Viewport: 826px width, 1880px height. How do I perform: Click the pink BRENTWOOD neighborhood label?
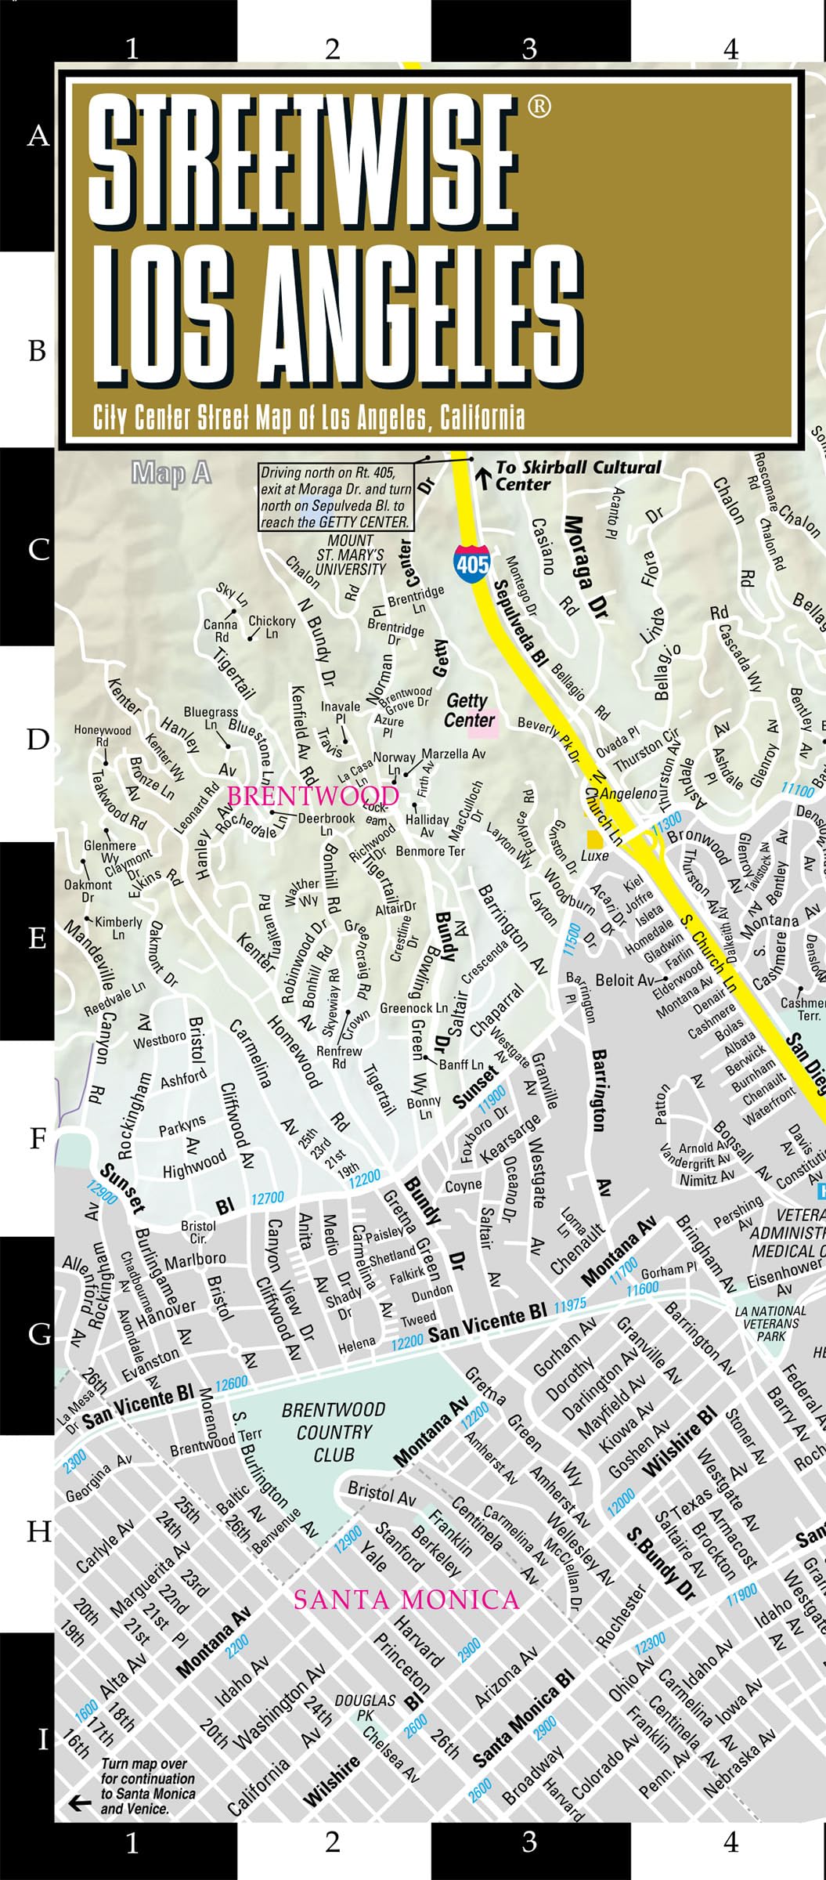(x=312, y=796)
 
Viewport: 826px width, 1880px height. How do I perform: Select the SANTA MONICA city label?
(x=406, y=1599)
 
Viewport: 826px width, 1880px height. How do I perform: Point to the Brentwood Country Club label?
(x=334, y=1432)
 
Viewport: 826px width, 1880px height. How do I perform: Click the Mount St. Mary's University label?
(x=350, y=555)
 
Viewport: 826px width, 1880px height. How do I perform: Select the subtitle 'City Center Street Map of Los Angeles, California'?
(x=308, y=418)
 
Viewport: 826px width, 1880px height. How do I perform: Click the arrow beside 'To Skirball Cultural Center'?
(x=484, y=475)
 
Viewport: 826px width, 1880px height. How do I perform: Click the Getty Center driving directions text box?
(x=335, y=497)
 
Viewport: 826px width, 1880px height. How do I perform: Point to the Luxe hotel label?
(x=594, y=855)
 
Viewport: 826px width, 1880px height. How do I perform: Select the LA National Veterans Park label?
(x=770, y=1323)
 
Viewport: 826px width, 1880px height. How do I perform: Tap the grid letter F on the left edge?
(x=38, y=1138)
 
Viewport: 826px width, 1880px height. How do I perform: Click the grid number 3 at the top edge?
(x=530, y=49)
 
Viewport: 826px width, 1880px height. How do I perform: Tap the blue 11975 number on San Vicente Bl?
(x=570, y=1306)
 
